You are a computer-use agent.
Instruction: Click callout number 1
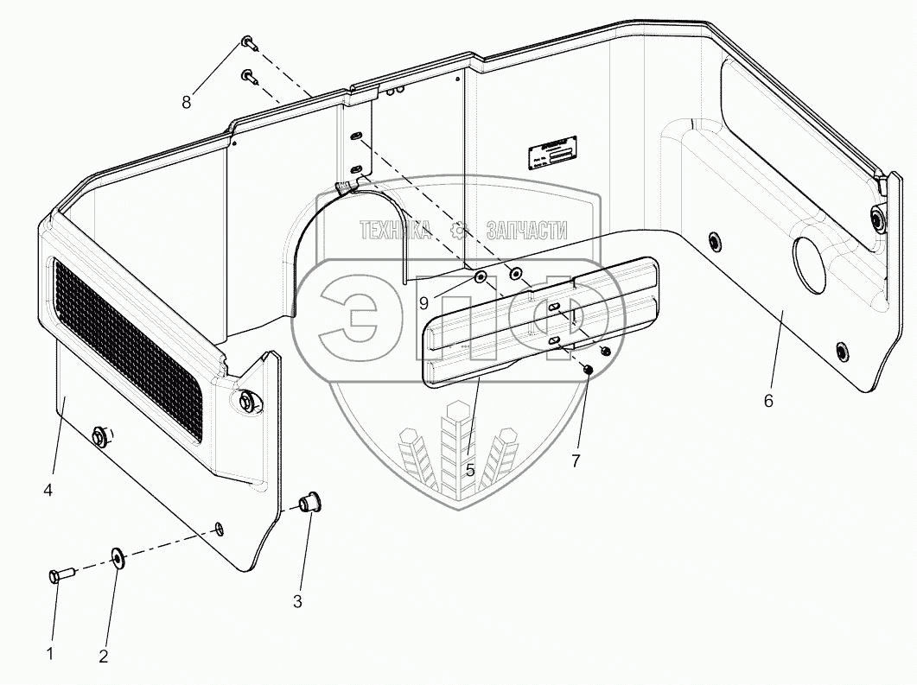point(50,654)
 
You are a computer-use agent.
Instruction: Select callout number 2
point(104,656)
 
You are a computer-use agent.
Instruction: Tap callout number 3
point(297,601)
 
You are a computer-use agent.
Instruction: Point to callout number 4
point(48,490)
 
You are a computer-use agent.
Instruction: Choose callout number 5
point(470,471)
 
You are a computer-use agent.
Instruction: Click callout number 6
point(769,400)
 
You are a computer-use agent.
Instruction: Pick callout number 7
point(576,460)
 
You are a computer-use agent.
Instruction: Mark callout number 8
point(187,102)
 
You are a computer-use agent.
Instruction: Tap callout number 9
point(423,302)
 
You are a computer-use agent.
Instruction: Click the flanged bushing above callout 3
point(308,502)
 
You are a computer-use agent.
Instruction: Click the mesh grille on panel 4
point(130,351)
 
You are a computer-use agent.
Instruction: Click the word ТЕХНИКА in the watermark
point(395,230)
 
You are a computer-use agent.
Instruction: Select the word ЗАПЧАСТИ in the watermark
point(526,230)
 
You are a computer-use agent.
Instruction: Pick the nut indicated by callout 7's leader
point(588,370)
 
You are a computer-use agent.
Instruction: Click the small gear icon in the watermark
point(460,230)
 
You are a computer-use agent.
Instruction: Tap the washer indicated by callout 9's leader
point(481,278)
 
